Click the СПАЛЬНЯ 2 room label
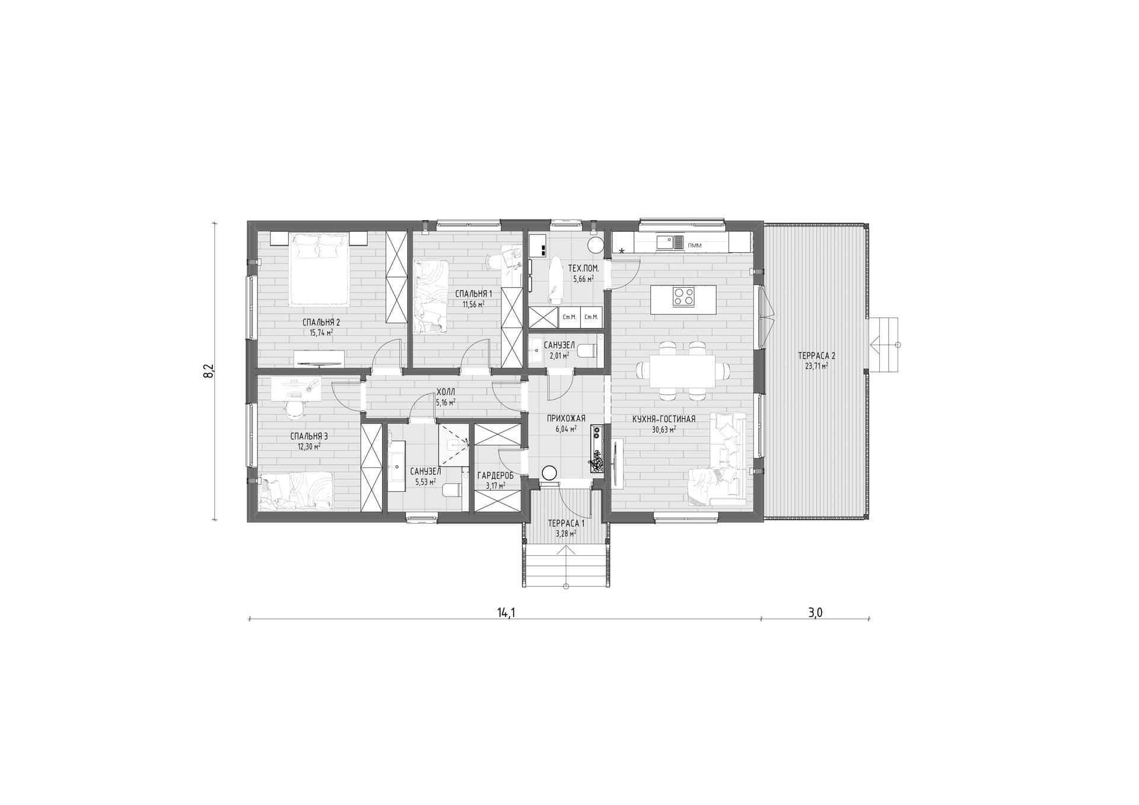pyautogui.click(x=321, y=322)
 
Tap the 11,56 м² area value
pyautogui.click(x=473, y=304)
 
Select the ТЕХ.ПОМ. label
pyautogui.click(x=583, y=268)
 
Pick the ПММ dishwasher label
pyautogui.click(x=694, y=244)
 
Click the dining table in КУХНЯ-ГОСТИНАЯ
pyautogui.click(x=682, y=371)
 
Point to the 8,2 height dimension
pyautogui.click(x=208, y=371)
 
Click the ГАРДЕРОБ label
pyautogui.click(x=495, y=475)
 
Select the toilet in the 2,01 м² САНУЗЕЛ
pyautogui.click(x=587, y=351)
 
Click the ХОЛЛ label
pyautogui.click(x=446, y=392)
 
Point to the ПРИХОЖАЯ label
pyautogui.click(x=566, y=418)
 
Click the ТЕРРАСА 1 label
pyautogui.click(x=566, y=523)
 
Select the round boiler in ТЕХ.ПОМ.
pyautogui.click(x=594, y=244)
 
